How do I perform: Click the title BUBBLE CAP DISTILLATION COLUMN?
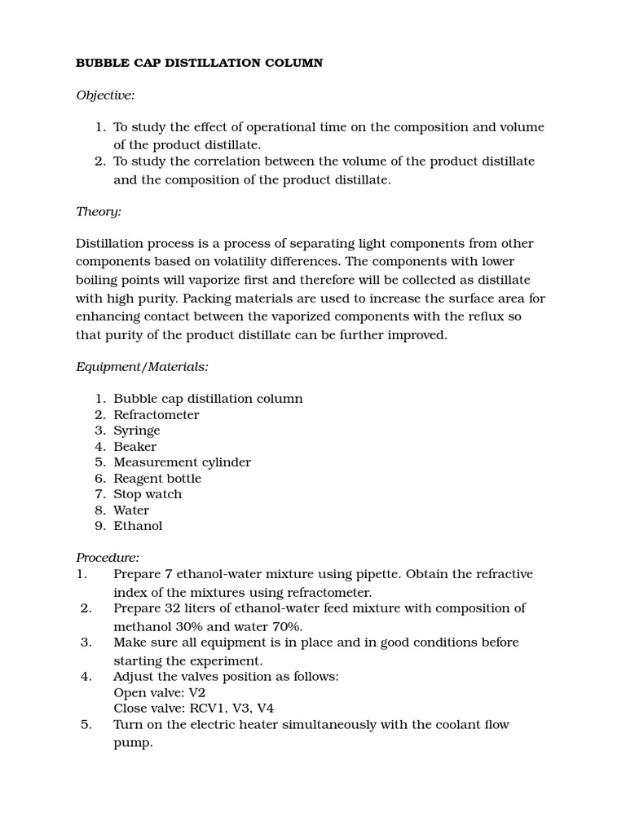coord(199,63)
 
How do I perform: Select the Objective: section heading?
coord(105,95)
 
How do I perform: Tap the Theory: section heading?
coord(99,211)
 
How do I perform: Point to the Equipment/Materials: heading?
coord(142,367)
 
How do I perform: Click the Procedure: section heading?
coord(108,558)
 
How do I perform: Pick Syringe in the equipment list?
coord(136,431)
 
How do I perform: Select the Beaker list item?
coord(134,447)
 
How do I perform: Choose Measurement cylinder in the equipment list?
coord(182,462)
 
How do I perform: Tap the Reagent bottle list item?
coord(156,479)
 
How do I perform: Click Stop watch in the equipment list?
coord(148,494)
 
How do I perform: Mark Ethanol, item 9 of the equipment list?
coord(138,526)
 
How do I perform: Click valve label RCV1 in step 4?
coord(201,709)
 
